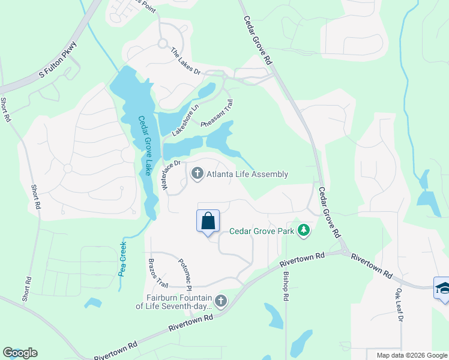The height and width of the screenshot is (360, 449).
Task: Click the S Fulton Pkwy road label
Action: coord(59,60)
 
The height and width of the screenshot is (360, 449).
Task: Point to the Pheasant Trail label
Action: coord(216,113)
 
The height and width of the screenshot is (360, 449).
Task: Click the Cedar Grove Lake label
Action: coord(145,145)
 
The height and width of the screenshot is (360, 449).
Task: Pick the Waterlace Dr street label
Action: coord(171,175)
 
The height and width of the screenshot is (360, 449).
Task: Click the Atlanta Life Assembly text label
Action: coord(247,175)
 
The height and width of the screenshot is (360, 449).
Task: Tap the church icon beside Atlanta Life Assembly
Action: coord(197,174)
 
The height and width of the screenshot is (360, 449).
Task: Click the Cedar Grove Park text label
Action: coord(263,231)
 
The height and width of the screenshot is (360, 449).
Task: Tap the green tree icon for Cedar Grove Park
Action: coord(304,230)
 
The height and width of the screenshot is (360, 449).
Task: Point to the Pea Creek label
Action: coord(121,258)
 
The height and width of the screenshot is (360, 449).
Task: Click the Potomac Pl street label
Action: coord(184,272)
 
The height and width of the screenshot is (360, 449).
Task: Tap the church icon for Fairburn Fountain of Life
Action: coord(221,301)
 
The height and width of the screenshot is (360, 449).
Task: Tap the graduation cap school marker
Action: coord(442,289)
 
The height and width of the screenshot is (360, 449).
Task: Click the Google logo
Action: coord(20,353)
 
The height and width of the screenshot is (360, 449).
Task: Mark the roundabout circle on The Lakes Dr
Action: coord(162,43)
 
